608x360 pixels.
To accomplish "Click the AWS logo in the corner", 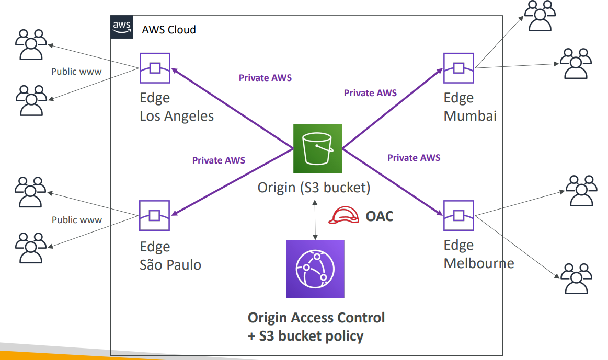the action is [122, 27].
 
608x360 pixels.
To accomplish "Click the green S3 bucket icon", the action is [317, 148].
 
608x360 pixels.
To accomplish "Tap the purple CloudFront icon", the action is [315, 269].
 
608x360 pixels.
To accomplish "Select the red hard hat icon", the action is [343, 215].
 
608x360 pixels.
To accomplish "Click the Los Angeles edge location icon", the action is [155, 68].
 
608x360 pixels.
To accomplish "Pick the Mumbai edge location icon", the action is [458, 68].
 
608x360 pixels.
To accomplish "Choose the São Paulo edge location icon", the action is [154, 215].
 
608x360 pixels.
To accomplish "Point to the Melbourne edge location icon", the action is [458, 215].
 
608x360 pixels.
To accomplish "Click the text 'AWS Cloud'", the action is [169, 30].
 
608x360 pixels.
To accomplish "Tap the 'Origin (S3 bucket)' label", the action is [314, 188].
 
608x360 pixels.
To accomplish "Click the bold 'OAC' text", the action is [380, 216].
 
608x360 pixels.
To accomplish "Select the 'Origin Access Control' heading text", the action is [316, 318].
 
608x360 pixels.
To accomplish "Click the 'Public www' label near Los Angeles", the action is [76, 72].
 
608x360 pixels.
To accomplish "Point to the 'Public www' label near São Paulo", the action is [77, 220].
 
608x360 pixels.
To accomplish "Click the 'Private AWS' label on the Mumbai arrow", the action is [370, 93].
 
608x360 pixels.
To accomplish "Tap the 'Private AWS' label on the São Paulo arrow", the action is [219, 160].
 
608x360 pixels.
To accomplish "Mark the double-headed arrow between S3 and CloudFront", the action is [315, 220].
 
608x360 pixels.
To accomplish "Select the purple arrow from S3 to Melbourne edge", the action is [393, 182].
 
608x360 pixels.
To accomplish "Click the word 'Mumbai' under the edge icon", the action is [470, 116].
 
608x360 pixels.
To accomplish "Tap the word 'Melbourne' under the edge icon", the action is [479, 263].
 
